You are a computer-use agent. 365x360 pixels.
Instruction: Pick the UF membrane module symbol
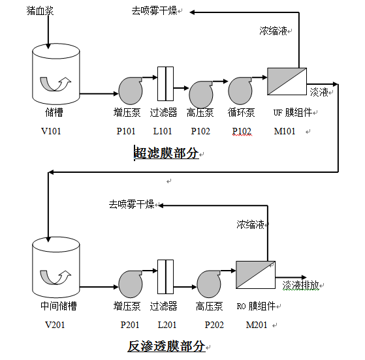click(x=287, y=82)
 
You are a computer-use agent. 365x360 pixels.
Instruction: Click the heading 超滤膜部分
click(x=166, y=153)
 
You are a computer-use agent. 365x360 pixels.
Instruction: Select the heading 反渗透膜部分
click(x=166, y=346)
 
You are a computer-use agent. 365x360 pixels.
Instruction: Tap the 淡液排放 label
click(x=300, y=286)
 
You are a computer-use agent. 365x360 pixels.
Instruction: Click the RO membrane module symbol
click(x=255, y=275)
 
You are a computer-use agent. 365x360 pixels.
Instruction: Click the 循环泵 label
click(x=242, y=112)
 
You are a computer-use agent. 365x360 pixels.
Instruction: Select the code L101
click(x=163, y=131)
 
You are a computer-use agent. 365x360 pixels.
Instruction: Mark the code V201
click(x=55, y=324)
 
